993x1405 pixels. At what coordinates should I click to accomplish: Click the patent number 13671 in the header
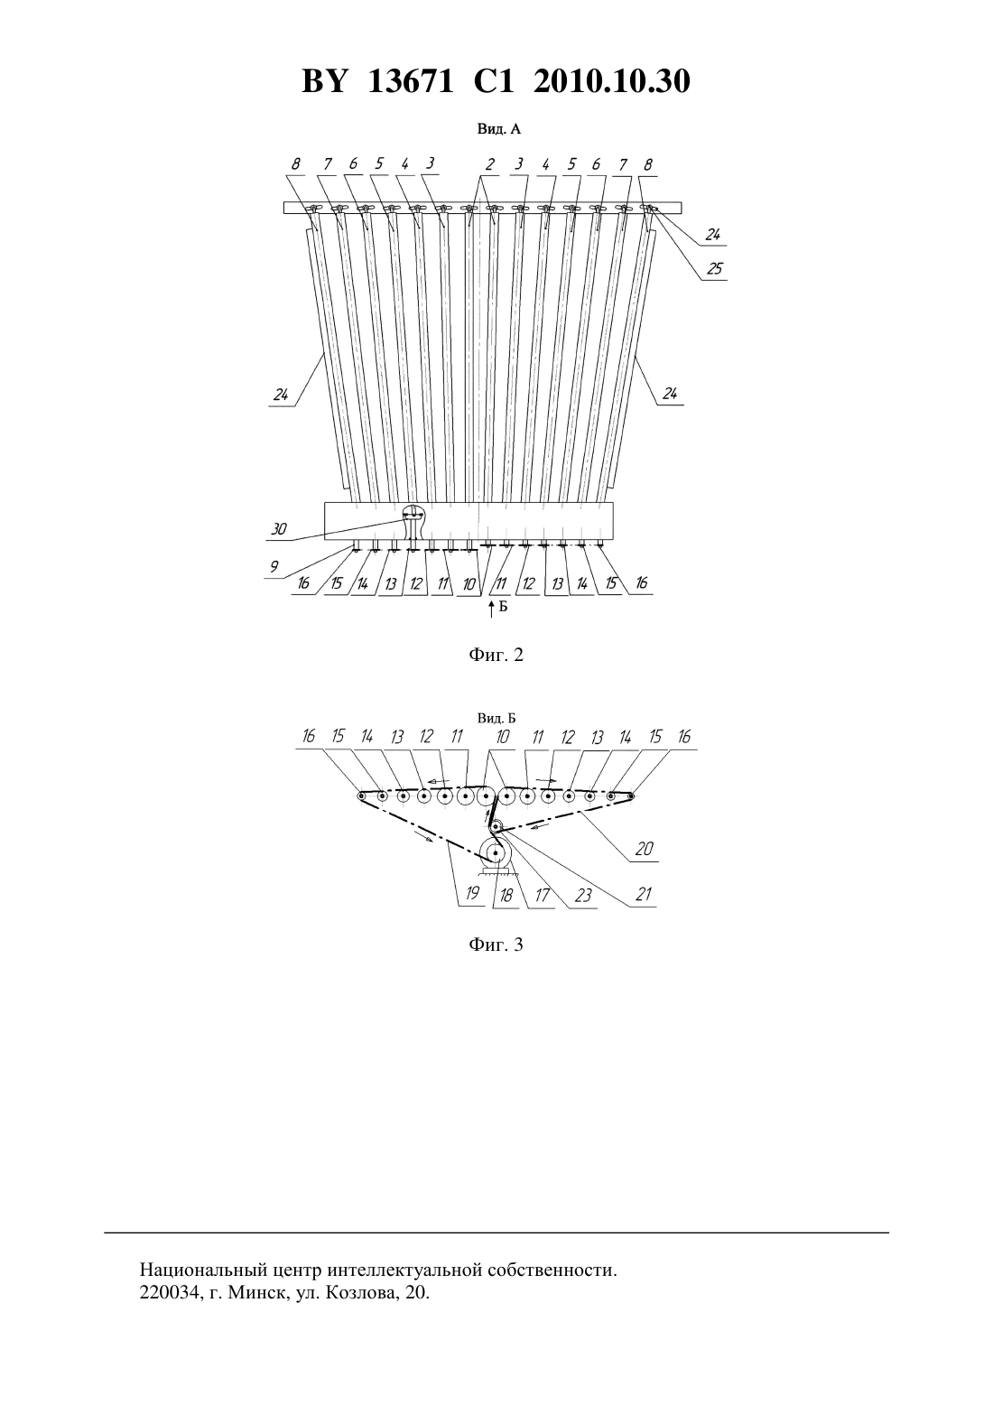(410, 81)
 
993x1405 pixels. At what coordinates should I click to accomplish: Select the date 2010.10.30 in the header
(612, 81)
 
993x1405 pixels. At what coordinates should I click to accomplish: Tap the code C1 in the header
(494, 81)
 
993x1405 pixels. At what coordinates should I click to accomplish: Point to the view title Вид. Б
(496, 719)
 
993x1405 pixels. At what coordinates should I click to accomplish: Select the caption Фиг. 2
(496, 656)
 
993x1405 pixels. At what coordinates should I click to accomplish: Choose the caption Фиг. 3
(496, 944)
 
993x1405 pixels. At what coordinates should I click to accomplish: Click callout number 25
(715, 269)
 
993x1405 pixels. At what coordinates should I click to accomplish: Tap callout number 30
(278, 529)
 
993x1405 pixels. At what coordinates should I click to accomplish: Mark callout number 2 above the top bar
(490, 164)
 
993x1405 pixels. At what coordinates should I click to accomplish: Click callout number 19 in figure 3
(472, 893)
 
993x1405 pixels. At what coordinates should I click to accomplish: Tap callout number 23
(583, 895)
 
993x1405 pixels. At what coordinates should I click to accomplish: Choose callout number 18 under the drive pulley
(506, 895)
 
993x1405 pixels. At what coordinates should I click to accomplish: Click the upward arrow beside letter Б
(491, 609)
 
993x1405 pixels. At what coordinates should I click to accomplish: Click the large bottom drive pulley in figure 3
(496, 853)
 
